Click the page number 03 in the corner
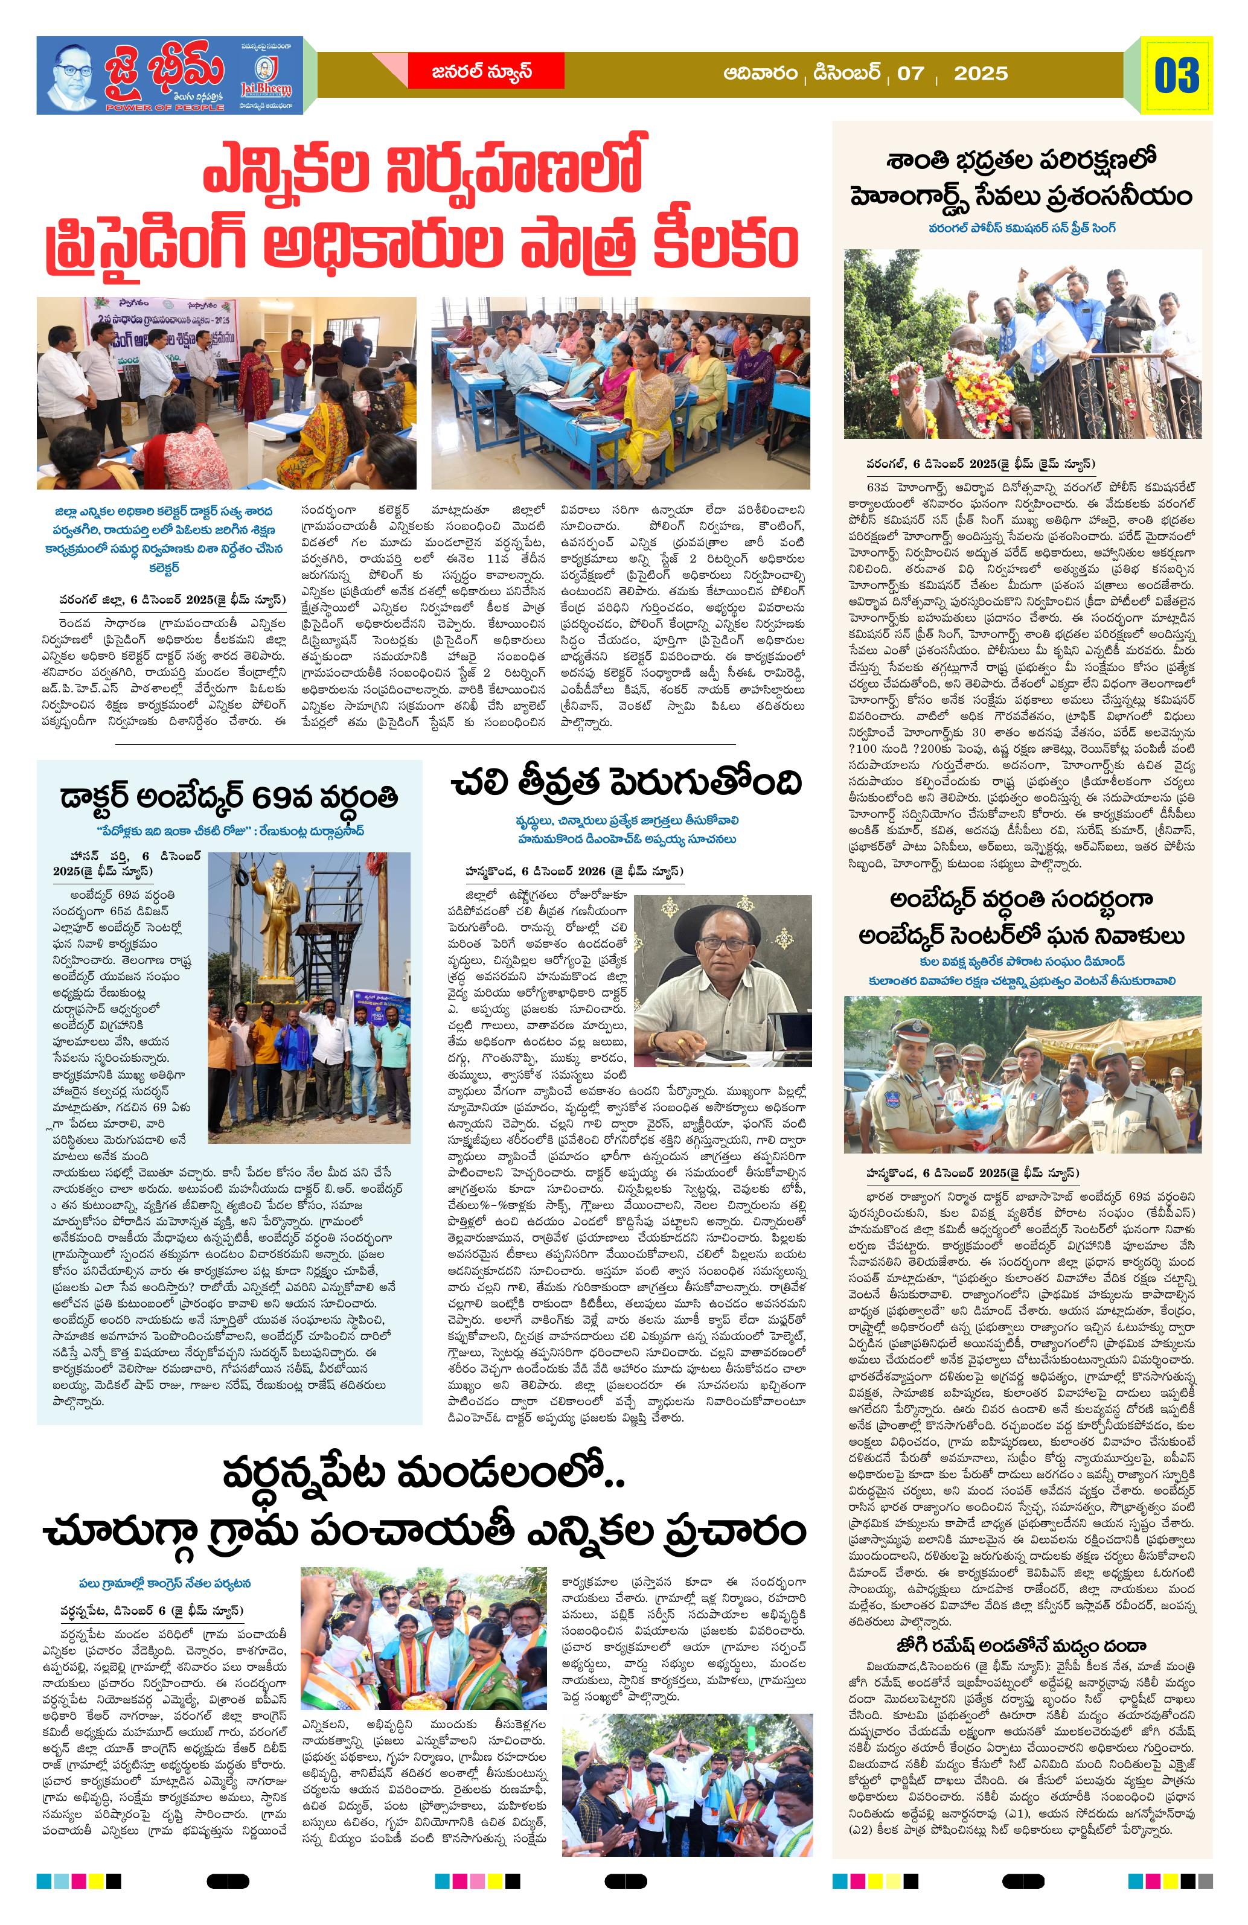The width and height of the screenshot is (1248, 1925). pyautogui.click(x=1176, y=75)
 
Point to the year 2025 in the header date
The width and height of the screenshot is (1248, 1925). pyautogui.click(x=981, y=74)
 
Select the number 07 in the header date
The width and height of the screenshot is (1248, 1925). pyautogui.click(x=910, y=74)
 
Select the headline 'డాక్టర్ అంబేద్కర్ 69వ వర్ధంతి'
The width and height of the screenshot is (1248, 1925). pyautogui.click(x=229, y=797)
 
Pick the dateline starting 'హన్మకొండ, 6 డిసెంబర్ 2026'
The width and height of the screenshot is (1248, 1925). pyautogui.click(x=574, y=871)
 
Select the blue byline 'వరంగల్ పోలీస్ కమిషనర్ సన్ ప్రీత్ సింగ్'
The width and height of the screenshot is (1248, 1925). pyautogui.click(x=1022, y=228)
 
